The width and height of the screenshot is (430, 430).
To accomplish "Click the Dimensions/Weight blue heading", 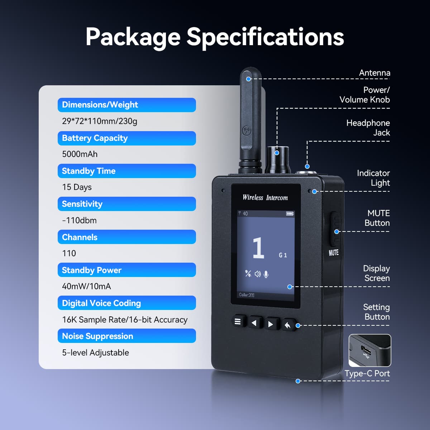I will [x=126, y=105].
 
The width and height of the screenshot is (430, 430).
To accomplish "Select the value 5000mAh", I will [x=80, y=154].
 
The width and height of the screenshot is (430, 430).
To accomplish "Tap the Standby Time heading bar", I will [x=126, y=171].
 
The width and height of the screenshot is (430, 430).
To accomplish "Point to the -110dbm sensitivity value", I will [x=79, y=220].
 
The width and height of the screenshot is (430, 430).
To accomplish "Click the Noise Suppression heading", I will [x=126, y=336].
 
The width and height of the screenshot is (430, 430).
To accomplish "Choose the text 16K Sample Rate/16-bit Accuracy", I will [x=125, y=320].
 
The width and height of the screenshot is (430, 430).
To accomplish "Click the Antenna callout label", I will [x=374, y=73].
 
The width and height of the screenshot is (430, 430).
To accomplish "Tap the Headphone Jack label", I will [x=368, y=128].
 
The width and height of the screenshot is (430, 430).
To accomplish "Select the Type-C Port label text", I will [x=367, y=373].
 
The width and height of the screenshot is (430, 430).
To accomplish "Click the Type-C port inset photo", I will [x=370, y=350].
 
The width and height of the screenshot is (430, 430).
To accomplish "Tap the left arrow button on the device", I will [x=254, y=323].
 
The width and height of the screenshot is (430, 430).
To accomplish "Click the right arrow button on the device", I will [x=271, y=324].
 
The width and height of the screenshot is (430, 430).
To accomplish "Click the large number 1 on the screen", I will [x=258, y=248].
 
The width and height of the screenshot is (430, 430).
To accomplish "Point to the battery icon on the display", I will [x=290, y=214].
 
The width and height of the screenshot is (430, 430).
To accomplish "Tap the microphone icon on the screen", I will [x=266, y=274].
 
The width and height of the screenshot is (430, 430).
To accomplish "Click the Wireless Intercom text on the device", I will [x=265, y=197].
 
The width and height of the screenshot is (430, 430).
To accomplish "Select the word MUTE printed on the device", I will [x=334, y=253].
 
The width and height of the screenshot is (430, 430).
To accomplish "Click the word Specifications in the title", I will [x=265, y=37].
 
